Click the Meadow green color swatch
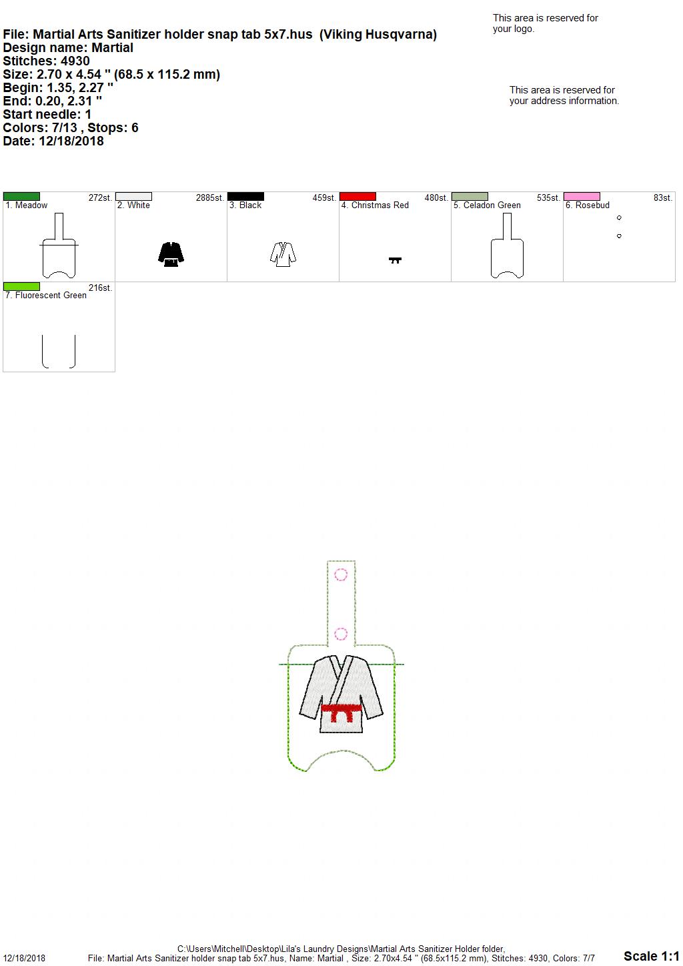click(x=21, y=196)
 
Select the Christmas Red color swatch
click(x=358, y=196)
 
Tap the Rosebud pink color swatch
click(x=582, y=196)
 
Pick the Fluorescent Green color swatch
click(x=21, y=286)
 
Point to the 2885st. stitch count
click(x=209, y=198)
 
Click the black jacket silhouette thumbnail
click(x=171, y=254)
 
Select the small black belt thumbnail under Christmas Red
click(x=395, y=260)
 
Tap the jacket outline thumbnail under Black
click(x=283, y=254)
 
